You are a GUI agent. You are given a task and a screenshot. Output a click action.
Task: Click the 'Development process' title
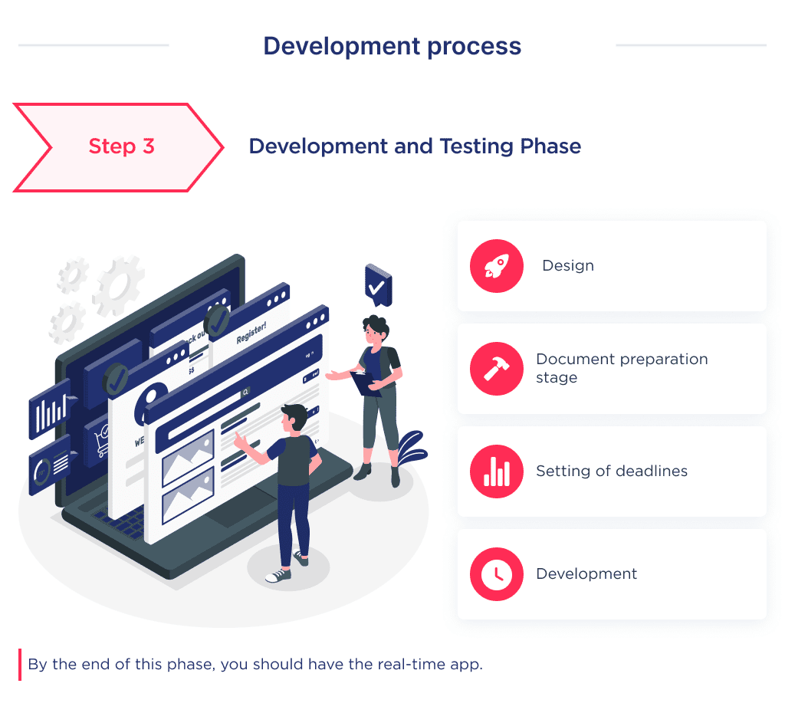(392, 46)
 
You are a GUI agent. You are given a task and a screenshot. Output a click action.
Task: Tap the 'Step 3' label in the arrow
(121, 146)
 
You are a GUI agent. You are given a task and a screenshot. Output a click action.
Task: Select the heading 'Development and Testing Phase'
(415, 146)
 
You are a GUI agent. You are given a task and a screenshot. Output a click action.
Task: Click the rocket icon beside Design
(496, 266)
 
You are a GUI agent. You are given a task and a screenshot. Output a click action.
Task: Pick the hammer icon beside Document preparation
(496, 369)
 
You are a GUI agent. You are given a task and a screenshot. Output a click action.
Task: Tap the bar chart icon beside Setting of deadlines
(496, 472)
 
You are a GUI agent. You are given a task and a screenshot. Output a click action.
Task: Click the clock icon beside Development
(496, 574)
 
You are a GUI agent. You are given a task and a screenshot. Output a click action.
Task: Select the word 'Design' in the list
(568, 266)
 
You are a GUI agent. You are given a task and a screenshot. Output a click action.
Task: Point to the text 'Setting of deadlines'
(612, 471)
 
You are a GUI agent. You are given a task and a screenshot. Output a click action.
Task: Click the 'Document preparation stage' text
(621, 368)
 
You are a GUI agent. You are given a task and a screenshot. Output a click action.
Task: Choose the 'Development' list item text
(586, 574)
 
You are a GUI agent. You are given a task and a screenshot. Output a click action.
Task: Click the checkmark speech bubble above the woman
(377, 286)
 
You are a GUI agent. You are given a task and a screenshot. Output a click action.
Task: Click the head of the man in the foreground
(294, 419)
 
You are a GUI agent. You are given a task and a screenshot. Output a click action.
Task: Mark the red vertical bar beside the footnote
(20, 665)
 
